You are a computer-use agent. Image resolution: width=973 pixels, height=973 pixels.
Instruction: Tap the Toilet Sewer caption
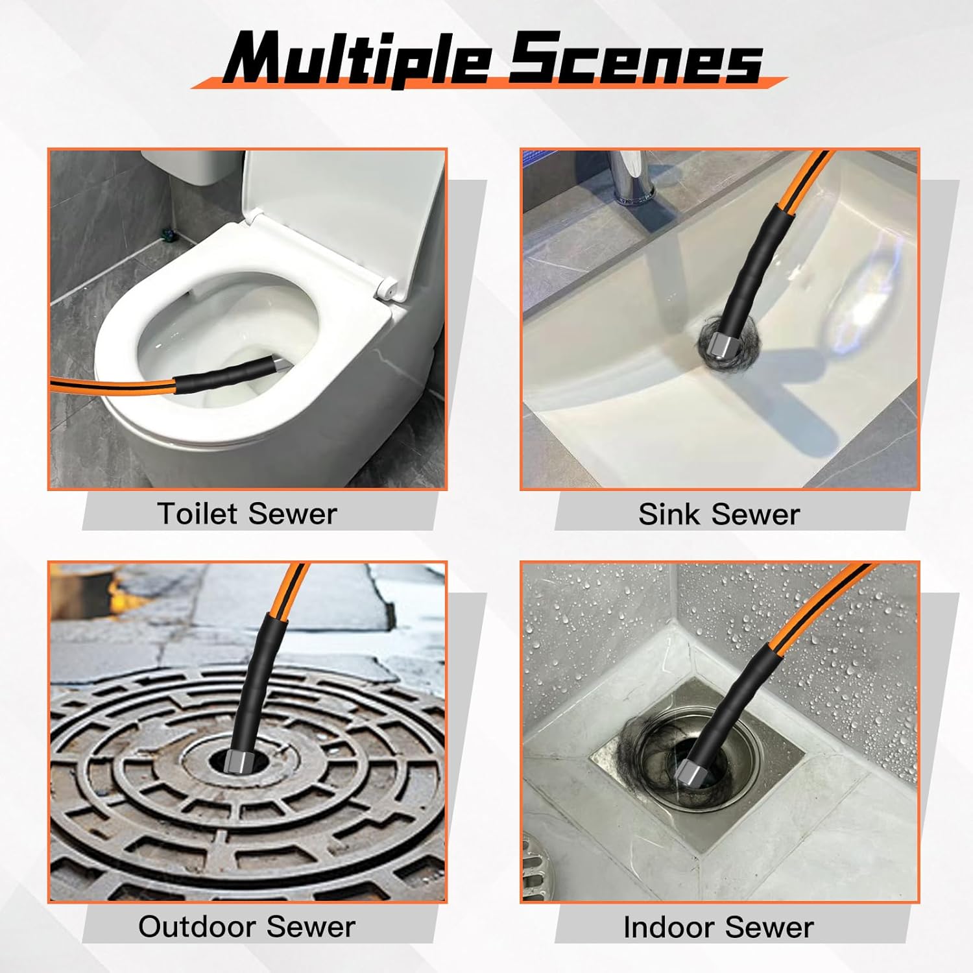coord(247,514)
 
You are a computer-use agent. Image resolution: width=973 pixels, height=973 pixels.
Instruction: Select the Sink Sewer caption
coord(719,514)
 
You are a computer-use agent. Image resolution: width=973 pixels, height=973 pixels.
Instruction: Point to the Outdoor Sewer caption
coord(246,926)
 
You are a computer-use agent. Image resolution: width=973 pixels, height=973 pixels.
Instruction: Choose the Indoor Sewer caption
coord(718,927)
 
